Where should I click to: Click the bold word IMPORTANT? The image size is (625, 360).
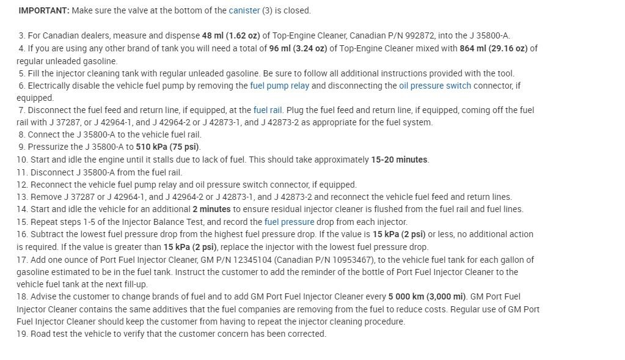(x=43, y=10)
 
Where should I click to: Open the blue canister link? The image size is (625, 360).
(x=244, y=10)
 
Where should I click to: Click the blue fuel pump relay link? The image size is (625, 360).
(x=279, y=86)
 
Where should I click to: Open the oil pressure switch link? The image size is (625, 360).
(x=435, y=86)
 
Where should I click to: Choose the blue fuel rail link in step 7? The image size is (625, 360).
(x=268, y=110)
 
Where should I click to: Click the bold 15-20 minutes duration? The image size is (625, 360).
(x=400, y=160)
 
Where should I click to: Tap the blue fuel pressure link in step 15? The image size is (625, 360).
(x=289, y=222)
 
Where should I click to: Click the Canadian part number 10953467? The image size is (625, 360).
(x=354, y=260)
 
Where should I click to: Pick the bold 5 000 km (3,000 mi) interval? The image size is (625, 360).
(x=427, y=296)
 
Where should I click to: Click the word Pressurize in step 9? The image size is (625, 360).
(x=48, y=147)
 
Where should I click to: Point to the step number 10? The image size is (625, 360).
(x=21, y=160)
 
